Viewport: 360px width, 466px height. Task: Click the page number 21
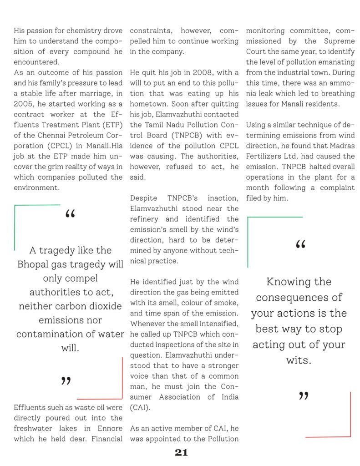click(x=181, y=452)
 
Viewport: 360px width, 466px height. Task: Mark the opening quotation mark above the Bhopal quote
click(x=71, y=213)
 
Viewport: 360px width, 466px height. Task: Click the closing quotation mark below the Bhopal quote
click(x=66, y=381)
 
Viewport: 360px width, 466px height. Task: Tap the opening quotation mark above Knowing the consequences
click(x=300, y=244)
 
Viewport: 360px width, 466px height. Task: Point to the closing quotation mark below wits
click(x=304, y=396)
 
